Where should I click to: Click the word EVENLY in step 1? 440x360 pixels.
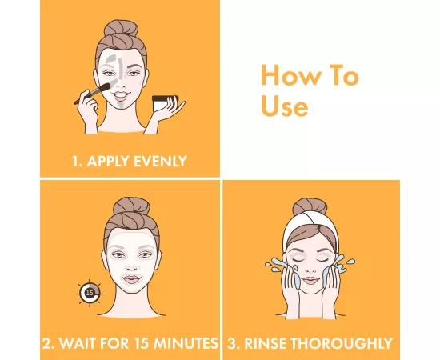click(x=160, y=162)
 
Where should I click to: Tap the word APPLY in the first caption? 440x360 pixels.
click(x=108, y=162)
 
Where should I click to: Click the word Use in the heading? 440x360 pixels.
click(x=285, y=106)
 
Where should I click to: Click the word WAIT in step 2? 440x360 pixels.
click(x=77, y=343)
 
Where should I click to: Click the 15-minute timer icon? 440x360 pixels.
click(x=90, y=294)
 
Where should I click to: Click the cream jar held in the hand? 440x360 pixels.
click(x=166, y=103)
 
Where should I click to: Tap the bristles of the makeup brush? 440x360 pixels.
click(x=105, y=86)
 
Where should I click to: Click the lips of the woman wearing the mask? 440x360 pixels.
click(x=130, y=279)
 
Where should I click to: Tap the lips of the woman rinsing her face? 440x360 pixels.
click(x=310, y=280)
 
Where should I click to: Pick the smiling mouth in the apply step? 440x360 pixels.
click(x=121, y=95)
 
